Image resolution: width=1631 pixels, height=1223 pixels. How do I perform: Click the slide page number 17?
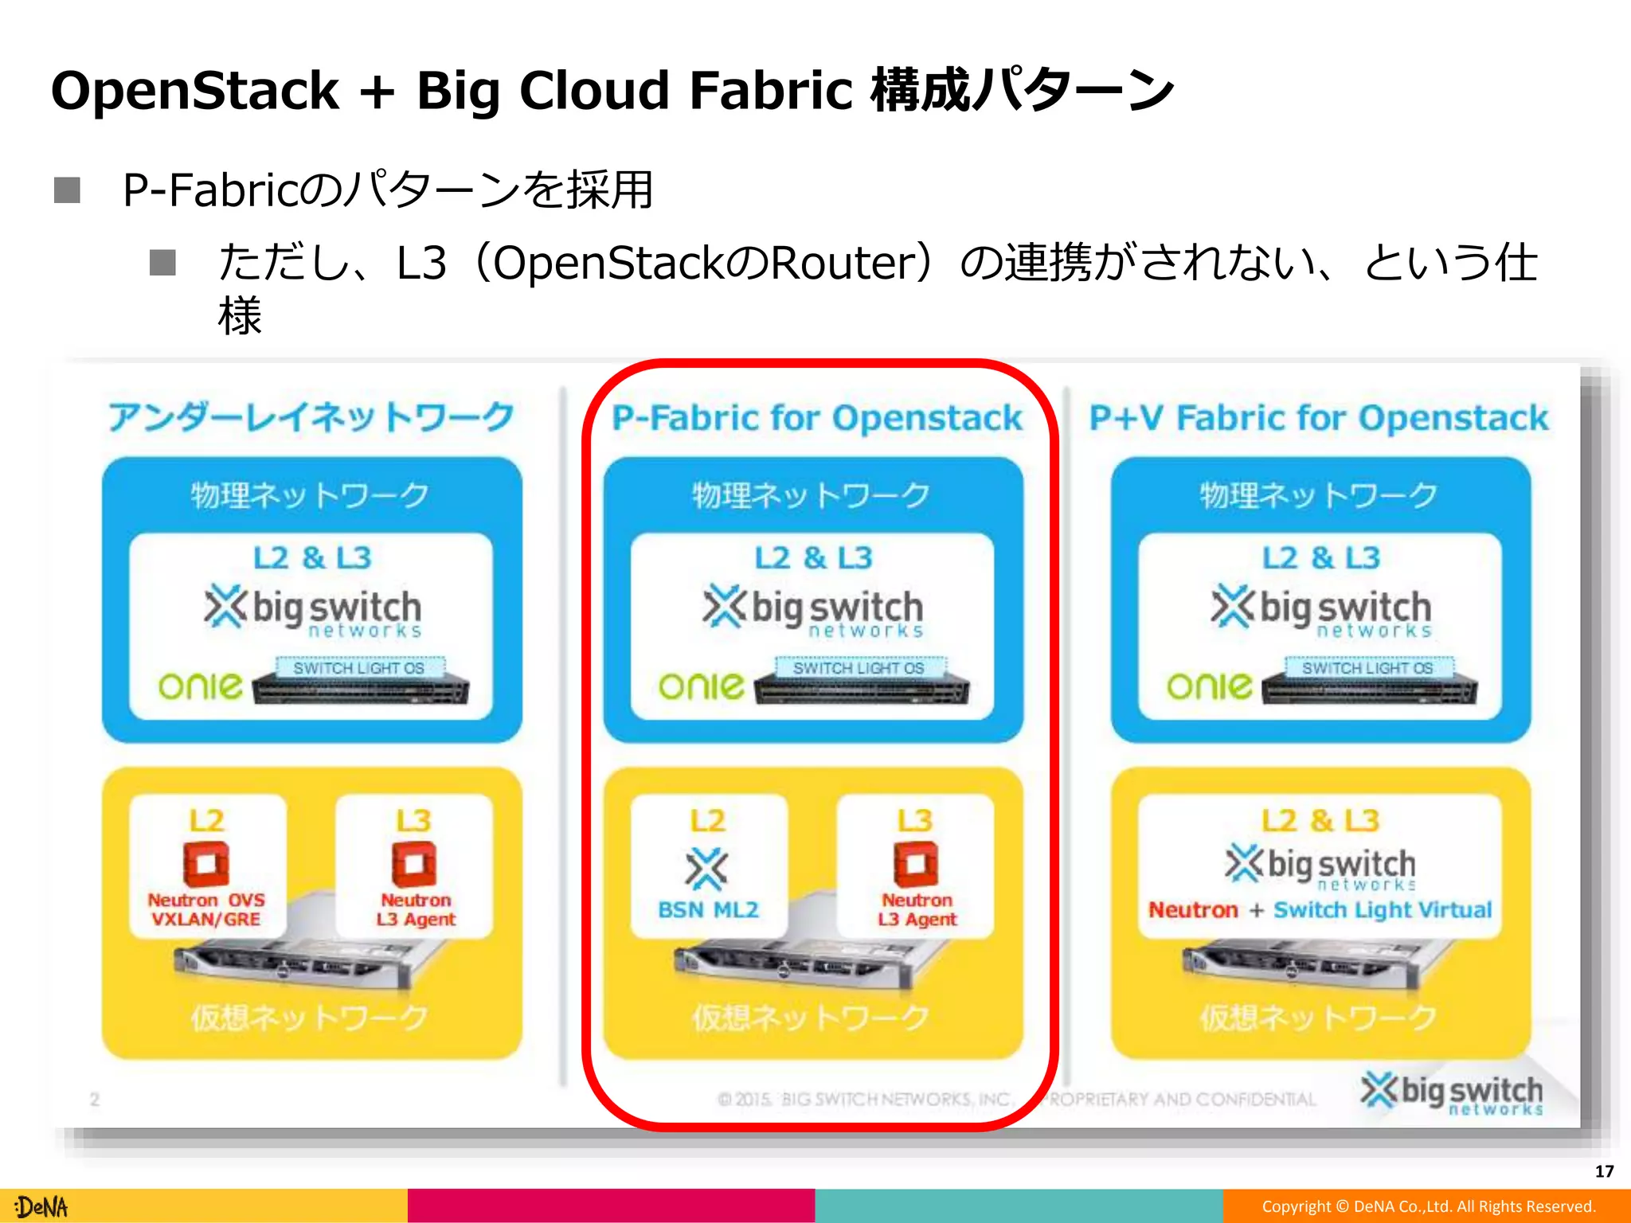click(x=1604, y=1171)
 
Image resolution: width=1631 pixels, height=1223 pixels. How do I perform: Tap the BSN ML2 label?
click(x=708, y=909)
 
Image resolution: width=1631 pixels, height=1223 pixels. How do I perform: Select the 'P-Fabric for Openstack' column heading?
click(x=816, y=418)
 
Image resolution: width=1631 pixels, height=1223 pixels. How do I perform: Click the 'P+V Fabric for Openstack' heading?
click(x=1319, y=418)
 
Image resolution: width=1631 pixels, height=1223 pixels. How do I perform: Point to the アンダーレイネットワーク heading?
click(x=311, y=417)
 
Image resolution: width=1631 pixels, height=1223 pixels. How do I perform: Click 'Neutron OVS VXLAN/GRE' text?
click(x=206, y=909)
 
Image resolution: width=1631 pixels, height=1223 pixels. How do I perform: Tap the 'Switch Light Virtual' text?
click(x=1383, y=909)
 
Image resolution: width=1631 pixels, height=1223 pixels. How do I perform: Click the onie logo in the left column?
click(x=200, y=686)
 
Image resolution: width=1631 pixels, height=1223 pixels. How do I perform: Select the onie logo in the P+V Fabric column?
click(x=1209, y=686)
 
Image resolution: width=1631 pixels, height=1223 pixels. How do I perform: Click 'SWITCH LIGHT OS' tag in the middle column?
click(x=859, y=668)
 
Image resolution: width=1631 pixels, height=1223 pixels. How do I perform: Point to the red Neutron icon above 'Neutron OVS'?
click(x=206, y=864)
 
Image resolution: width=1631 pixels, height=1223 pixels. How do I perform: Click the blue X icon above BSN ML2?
click(x=706, y=868)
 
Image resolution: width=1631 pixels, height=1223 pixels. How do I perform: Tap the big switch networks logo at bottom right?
click(x=1451, y=1094)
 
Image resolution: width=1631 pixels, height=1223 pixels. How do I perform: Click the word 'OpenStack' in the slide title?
click(x=195, y=90)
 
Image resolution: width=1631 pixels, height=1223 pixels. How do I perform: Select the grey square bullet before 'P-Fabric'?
click(x=67, y=190)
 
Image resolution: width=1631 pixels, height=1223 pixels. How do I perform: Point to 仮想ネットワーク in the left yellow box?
click(x=310, y=1017)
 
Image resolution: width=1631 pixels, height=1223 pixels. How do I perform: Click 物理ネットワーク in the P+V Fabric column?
click(x=1319, y=495)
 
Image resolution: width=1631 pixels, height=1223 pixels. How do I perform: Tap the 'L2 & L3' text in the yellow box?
click(x=1320, y=820)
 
